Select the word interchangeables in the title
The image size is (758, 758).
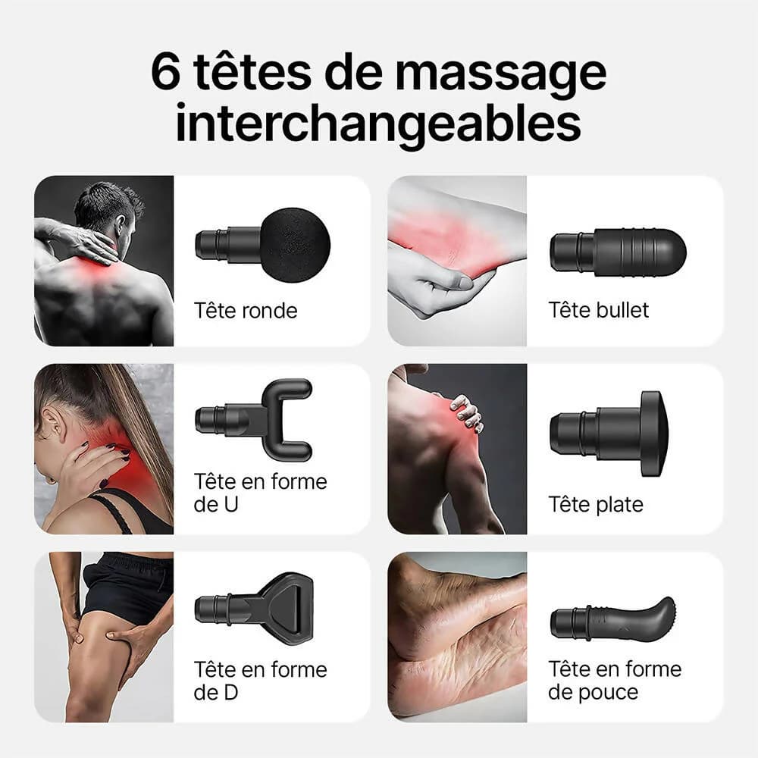378,123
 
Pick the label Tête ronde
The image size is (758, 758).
246,310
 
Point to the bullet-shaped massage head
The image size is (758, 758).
618,253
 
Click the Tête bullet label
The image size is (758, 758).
599,310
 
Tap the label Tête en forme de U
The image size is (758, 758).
260,493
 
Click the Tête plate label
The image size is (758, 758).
596,504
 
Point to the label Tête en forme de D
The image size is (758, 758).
260,681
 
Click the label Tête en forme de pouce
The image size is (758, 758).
615,681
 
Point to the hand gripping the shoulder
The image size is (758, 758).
466,412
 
